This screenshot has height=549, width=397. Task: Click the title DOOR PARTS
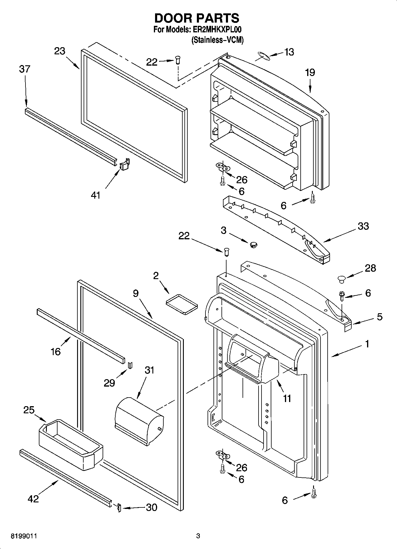tap(197, 18)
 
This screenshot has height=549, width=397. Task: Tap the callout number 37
tap(25, 69)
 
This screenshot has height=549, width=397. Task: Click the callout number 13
tap(289, 52)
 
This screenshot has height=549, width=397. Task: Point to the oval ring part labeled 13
tap(263, 56)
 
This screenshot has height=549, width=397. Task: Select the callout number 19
tap(310, 73)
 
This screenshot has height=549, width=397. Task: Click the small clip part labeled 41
tap(125, 164)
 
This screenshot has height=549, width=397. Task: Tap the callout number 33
tap(363, 226)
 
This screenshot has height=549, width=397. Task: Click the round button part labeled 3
tap(253, 244)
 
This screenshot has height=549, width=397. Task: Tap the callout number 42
tap(33, 499)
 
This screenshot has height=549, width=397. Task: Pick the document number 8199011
tap(24, 536)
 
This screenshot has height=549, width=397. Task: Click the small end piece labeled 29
tap(130, 365)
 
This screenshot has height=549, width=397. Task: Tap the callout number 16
tap(56, 352)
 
